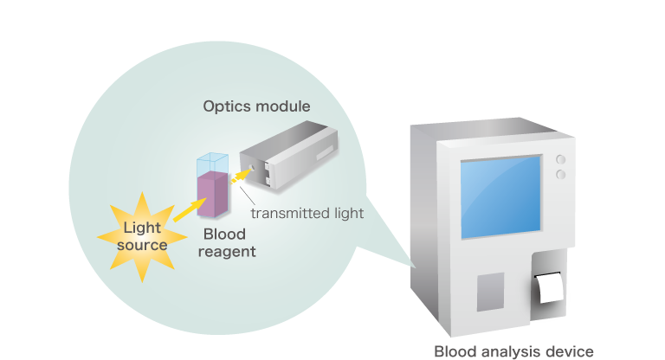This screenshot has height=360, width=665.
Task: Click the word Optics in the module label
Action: pos(225,106)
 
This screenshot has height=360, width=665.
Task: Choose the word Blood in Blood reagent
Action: pos(224,235)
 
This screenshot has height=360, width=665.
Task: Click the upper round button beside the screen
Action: pos(560,160)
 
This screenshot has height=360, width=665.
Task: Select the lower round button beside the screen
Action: pos(560,174)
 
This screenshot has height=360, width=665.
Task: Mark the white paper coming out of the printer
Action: pos(550,287)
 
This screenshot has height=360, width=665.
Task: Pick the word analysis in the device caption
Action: pos(515,351)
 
